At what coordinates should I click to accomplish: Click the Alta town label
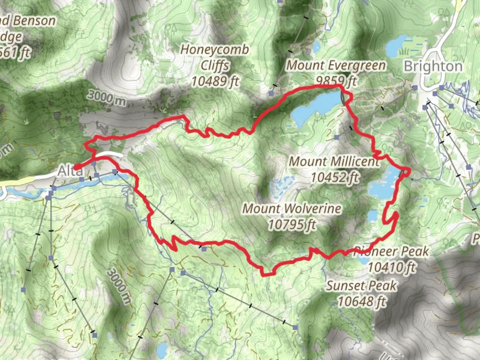pyautogui.click(x=70, y=171)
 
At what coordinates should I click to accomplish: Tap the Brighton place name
pyautogui.click(x=433, y=66)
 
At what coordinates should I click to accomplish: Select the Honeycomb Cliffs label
pyautogui.click(x=215, y=57)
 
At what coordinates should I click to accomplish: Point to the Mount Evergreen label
pyautogui.click(x=336, y=65)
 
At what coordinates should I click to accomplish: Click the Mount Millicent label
pyautogui.click(x=334, y=162)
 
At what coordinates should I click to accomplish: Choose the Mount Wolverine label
pyautogui.click(x=292, y=209)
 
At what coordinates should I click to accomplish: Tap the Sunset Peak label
pyautogui.click(x=361, y=286)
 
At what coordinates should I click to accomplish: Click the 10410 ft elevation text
pyautogui.click(x=392, y=267)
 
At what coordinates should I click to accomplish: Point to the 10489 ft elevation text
pyautogui.click(x=215, y=81)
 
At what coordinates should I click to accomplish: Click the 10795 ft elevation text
pyautogui.click(x=292, y=225)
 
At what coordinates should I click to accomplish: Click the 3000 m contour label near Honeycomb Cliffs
pyautogui.click(x=107, y=97)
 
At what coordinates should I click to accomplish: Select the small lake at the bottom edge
pyautogui.click(x=162, y=350)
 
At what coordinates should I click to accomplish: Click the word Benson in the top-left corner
pyautogui.click(x=35, y=21)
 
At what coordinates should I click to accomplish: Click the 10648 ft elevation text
pyautogui.click(x=362, y=302)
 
